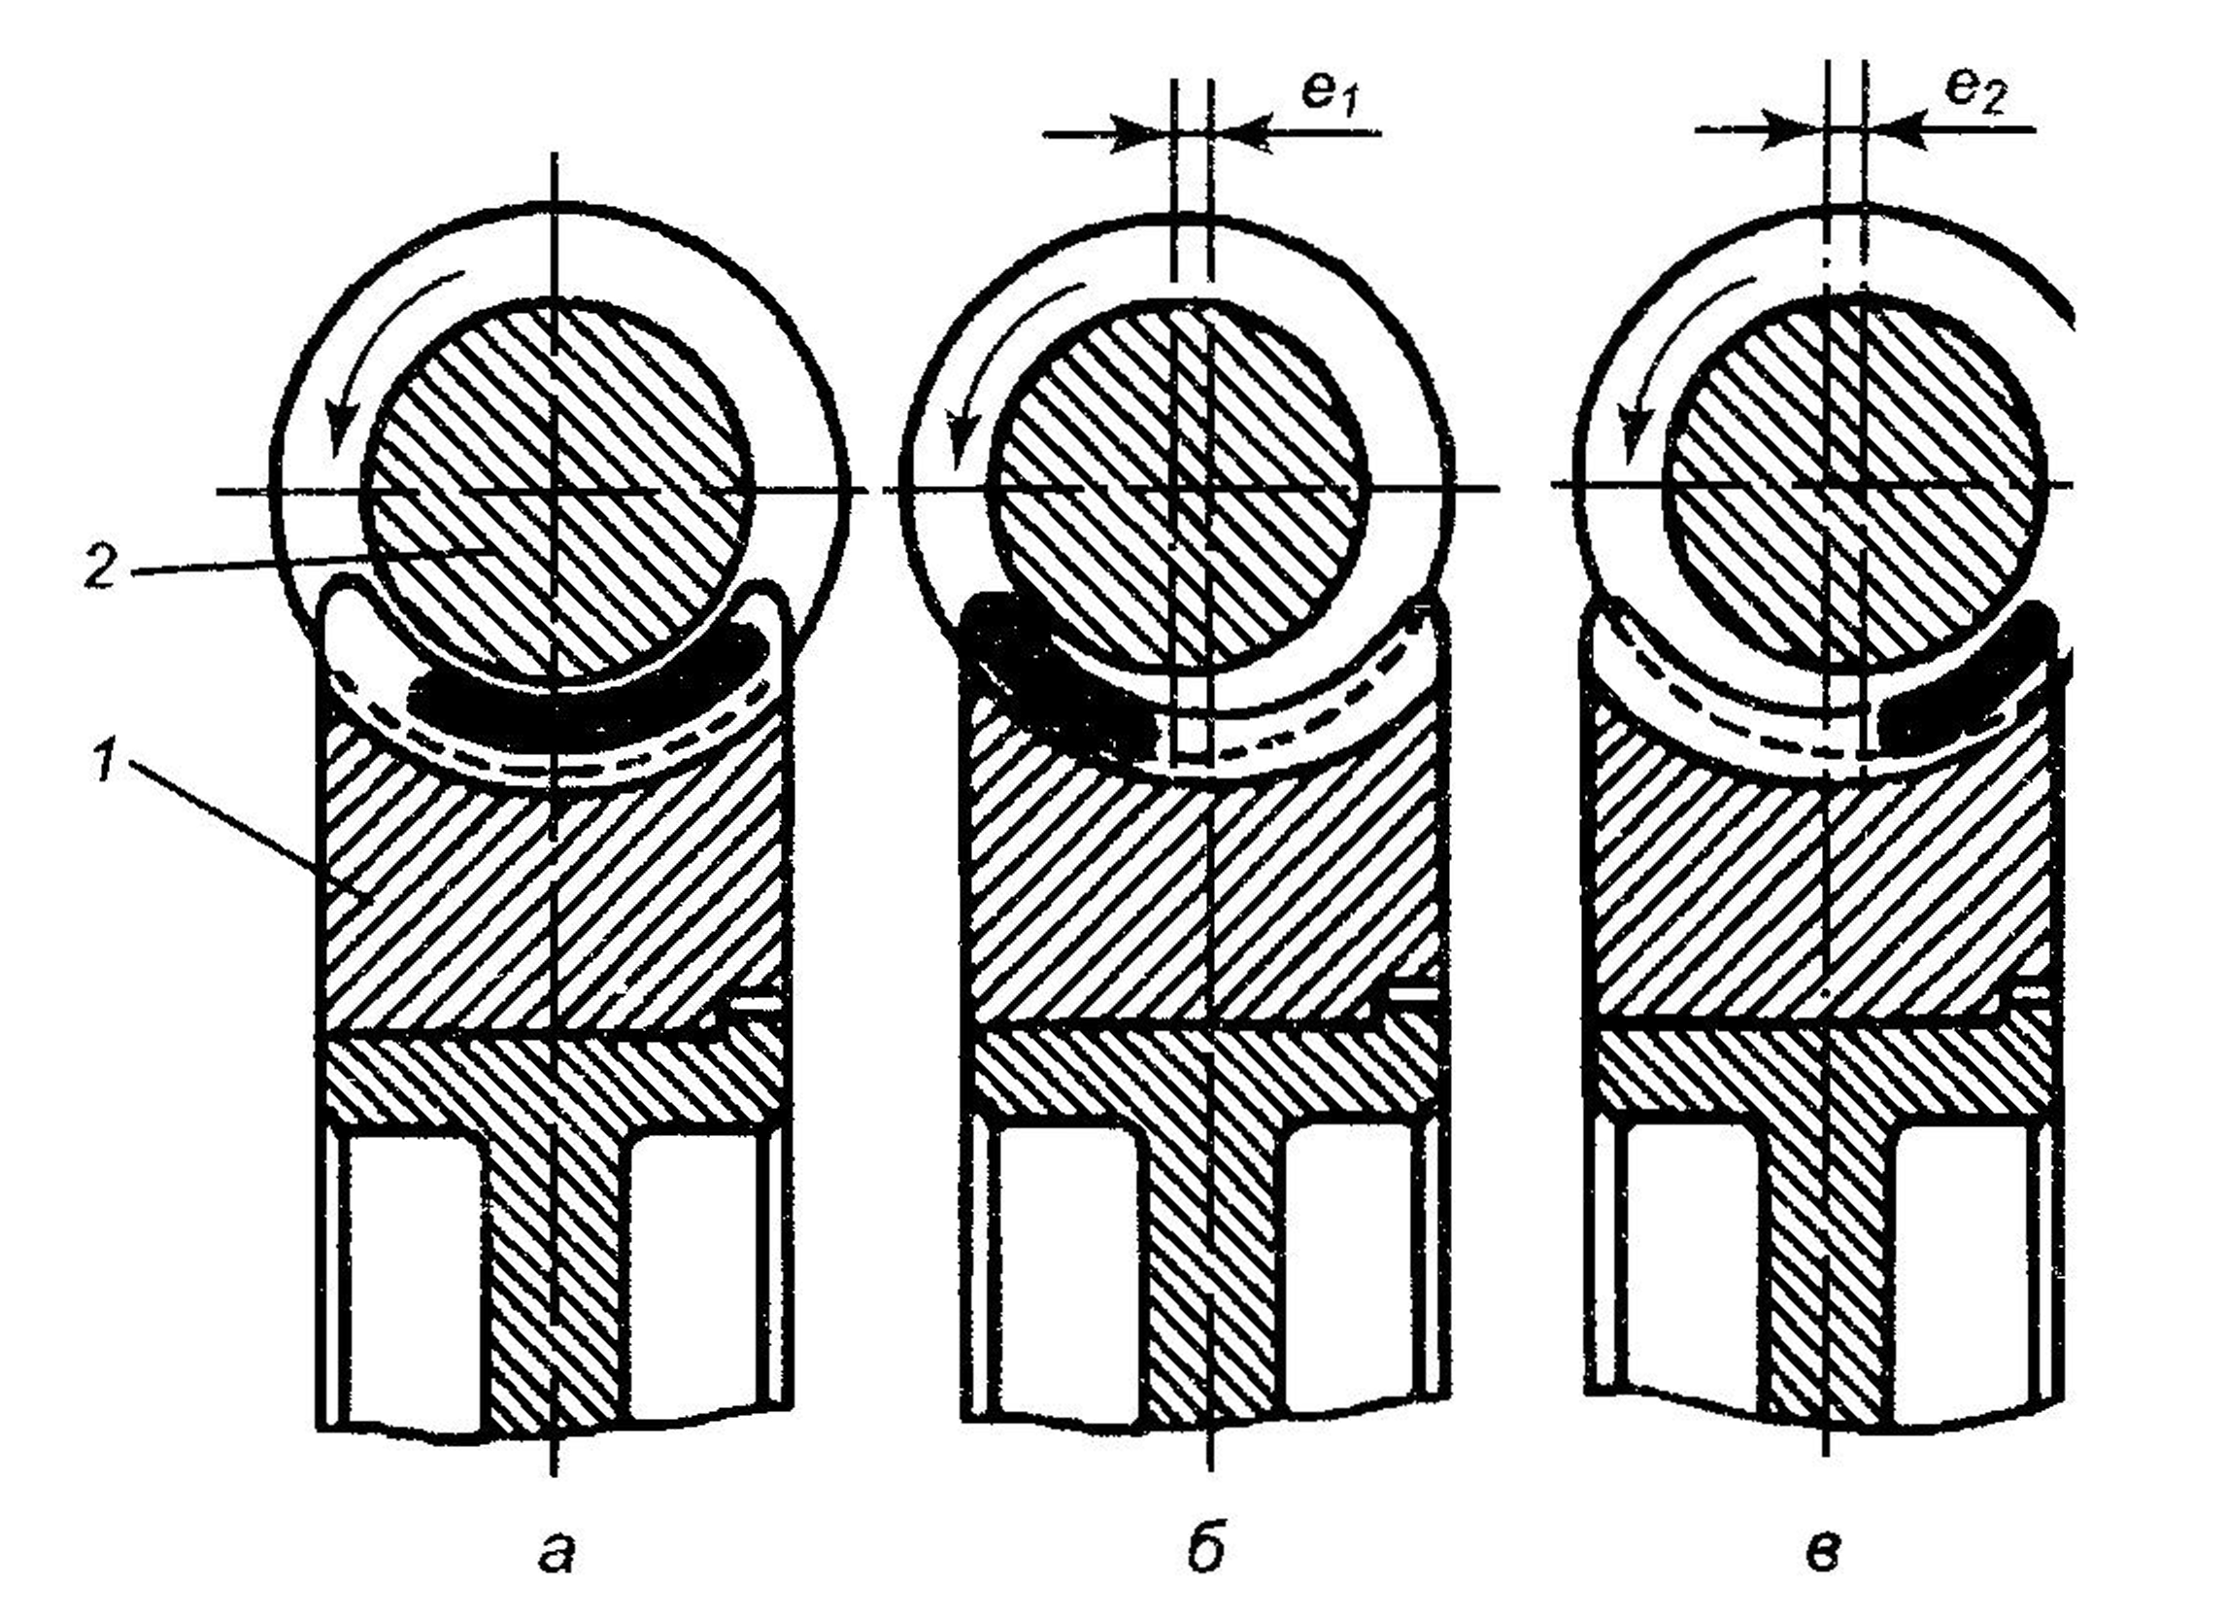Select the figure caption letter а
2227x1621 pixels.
[x=556, y=1553]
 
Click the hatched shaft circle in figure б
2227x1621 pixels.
[x=1181, y=487]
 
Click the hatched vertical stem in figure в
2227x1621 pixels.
[x=1827, y=1277]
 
